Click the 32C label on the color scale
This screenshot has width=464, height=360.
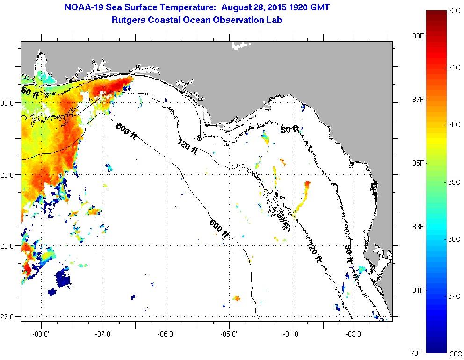(454, 10)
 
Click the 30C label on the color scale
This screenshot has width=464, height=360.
(454, 125)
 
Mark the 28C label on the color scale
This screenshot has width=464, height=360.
(454, 239)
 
